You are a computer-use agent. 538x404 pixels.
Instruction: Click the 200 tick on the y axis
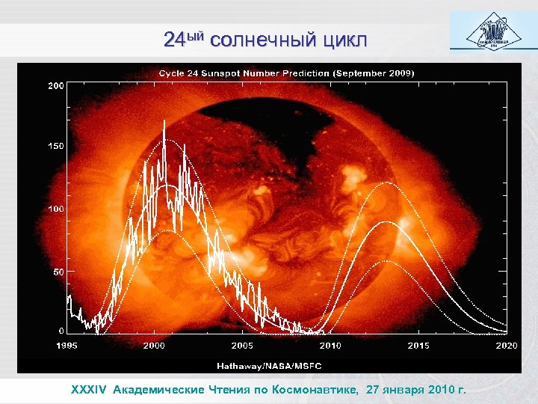point(56,86)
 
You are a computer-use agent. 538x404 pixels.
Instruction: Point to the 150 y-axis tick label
point(56,147)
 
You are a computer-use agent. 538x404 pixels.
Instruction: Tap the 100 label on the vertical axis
point(56,208)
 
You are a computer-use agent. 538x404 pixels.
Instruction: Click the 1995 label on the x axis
point(67,346)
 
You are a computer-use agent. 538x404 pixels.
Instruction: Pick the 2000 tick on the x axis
point(154,346)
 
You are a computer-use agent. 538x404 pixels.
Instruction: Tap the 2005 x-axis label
point(242,346)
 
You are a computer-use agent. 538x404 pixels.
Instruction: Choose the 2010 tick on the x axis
point(330,346)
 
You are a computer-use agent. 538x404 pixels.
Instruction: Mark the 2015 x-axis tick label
point(418,346)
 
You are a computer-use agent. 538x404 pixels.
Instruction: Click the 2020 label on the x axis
point(506,346)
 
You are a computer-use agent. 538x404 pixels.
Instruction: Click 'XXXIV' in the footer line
point(90,390)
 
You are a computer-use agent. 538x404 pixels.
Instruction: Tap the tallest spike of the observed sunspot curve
point(164,121)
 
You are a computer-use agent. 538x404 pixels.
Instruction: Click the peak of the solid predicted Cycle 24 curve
point(385,222)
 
